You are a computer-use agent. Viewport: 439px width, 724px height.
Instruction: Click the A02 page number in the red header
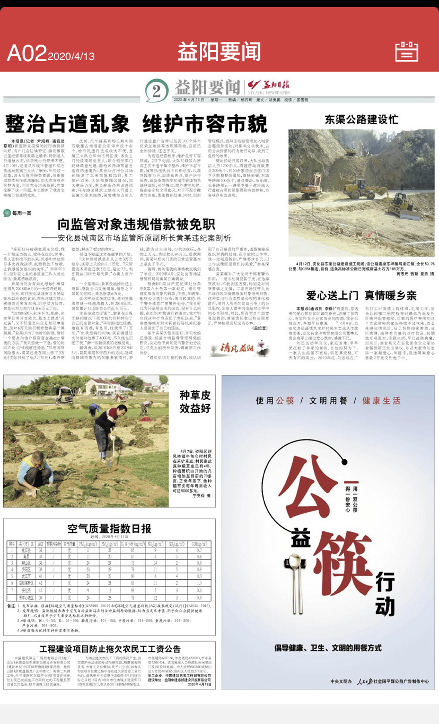click(x=27, y=53)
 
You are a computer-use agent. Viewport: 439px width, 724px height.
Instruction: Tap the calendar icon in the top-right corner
click(x=407, y=51)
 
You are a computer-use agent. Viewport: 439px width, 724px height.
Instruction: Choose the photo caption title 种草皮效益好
click(x=195, y=401)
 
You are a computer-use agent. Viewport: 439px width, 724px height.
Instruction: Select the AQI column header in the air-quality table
click(x=41, y=544)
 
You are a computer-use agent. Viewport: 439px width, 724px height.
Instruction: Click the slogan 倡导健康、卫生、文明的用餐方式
click(x=328, y=648)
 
